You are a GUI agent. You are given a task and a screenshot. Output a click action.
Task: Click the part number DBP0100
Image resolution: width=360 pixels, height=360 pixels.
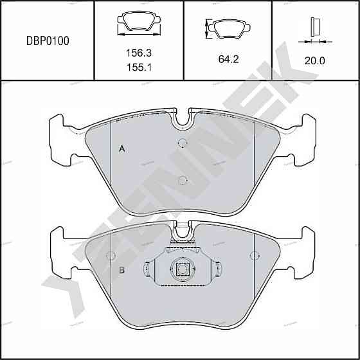[x=48, y=41]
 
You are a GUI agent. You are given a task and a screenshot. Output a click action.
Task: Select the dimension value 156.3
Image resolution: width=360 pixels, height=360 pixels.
[x=139, y=53]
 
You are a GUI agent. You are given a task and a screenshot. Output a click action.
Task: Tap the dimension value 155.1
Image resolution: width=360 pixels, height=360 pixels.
[x=139, y=67]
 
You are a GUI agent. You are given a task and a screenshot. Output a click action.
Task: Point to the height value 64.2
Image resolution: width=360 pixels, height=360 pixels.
[x=228, y=59]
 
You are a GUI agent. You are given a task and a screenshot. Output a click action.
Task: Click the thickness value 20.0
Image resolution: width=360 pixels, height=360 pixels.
[x=315, y=61]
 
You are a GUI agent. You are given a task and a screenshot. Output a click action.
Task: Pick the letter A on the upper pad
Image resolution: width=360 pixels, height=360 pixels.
[x=122, y=148]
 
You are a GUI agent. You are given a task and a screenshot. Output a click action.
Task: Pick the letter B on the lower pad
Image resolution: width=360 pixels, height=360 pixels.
[x=122, y=270]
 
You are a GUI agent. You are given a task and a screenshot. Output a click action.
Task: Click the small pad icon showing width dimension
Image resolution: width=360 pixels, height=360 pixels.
[x=139, y=23]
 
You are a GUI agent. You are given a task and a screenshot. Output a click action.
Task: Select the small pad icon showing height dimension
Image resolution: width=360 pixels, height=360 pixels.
[x=228, y=28]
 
